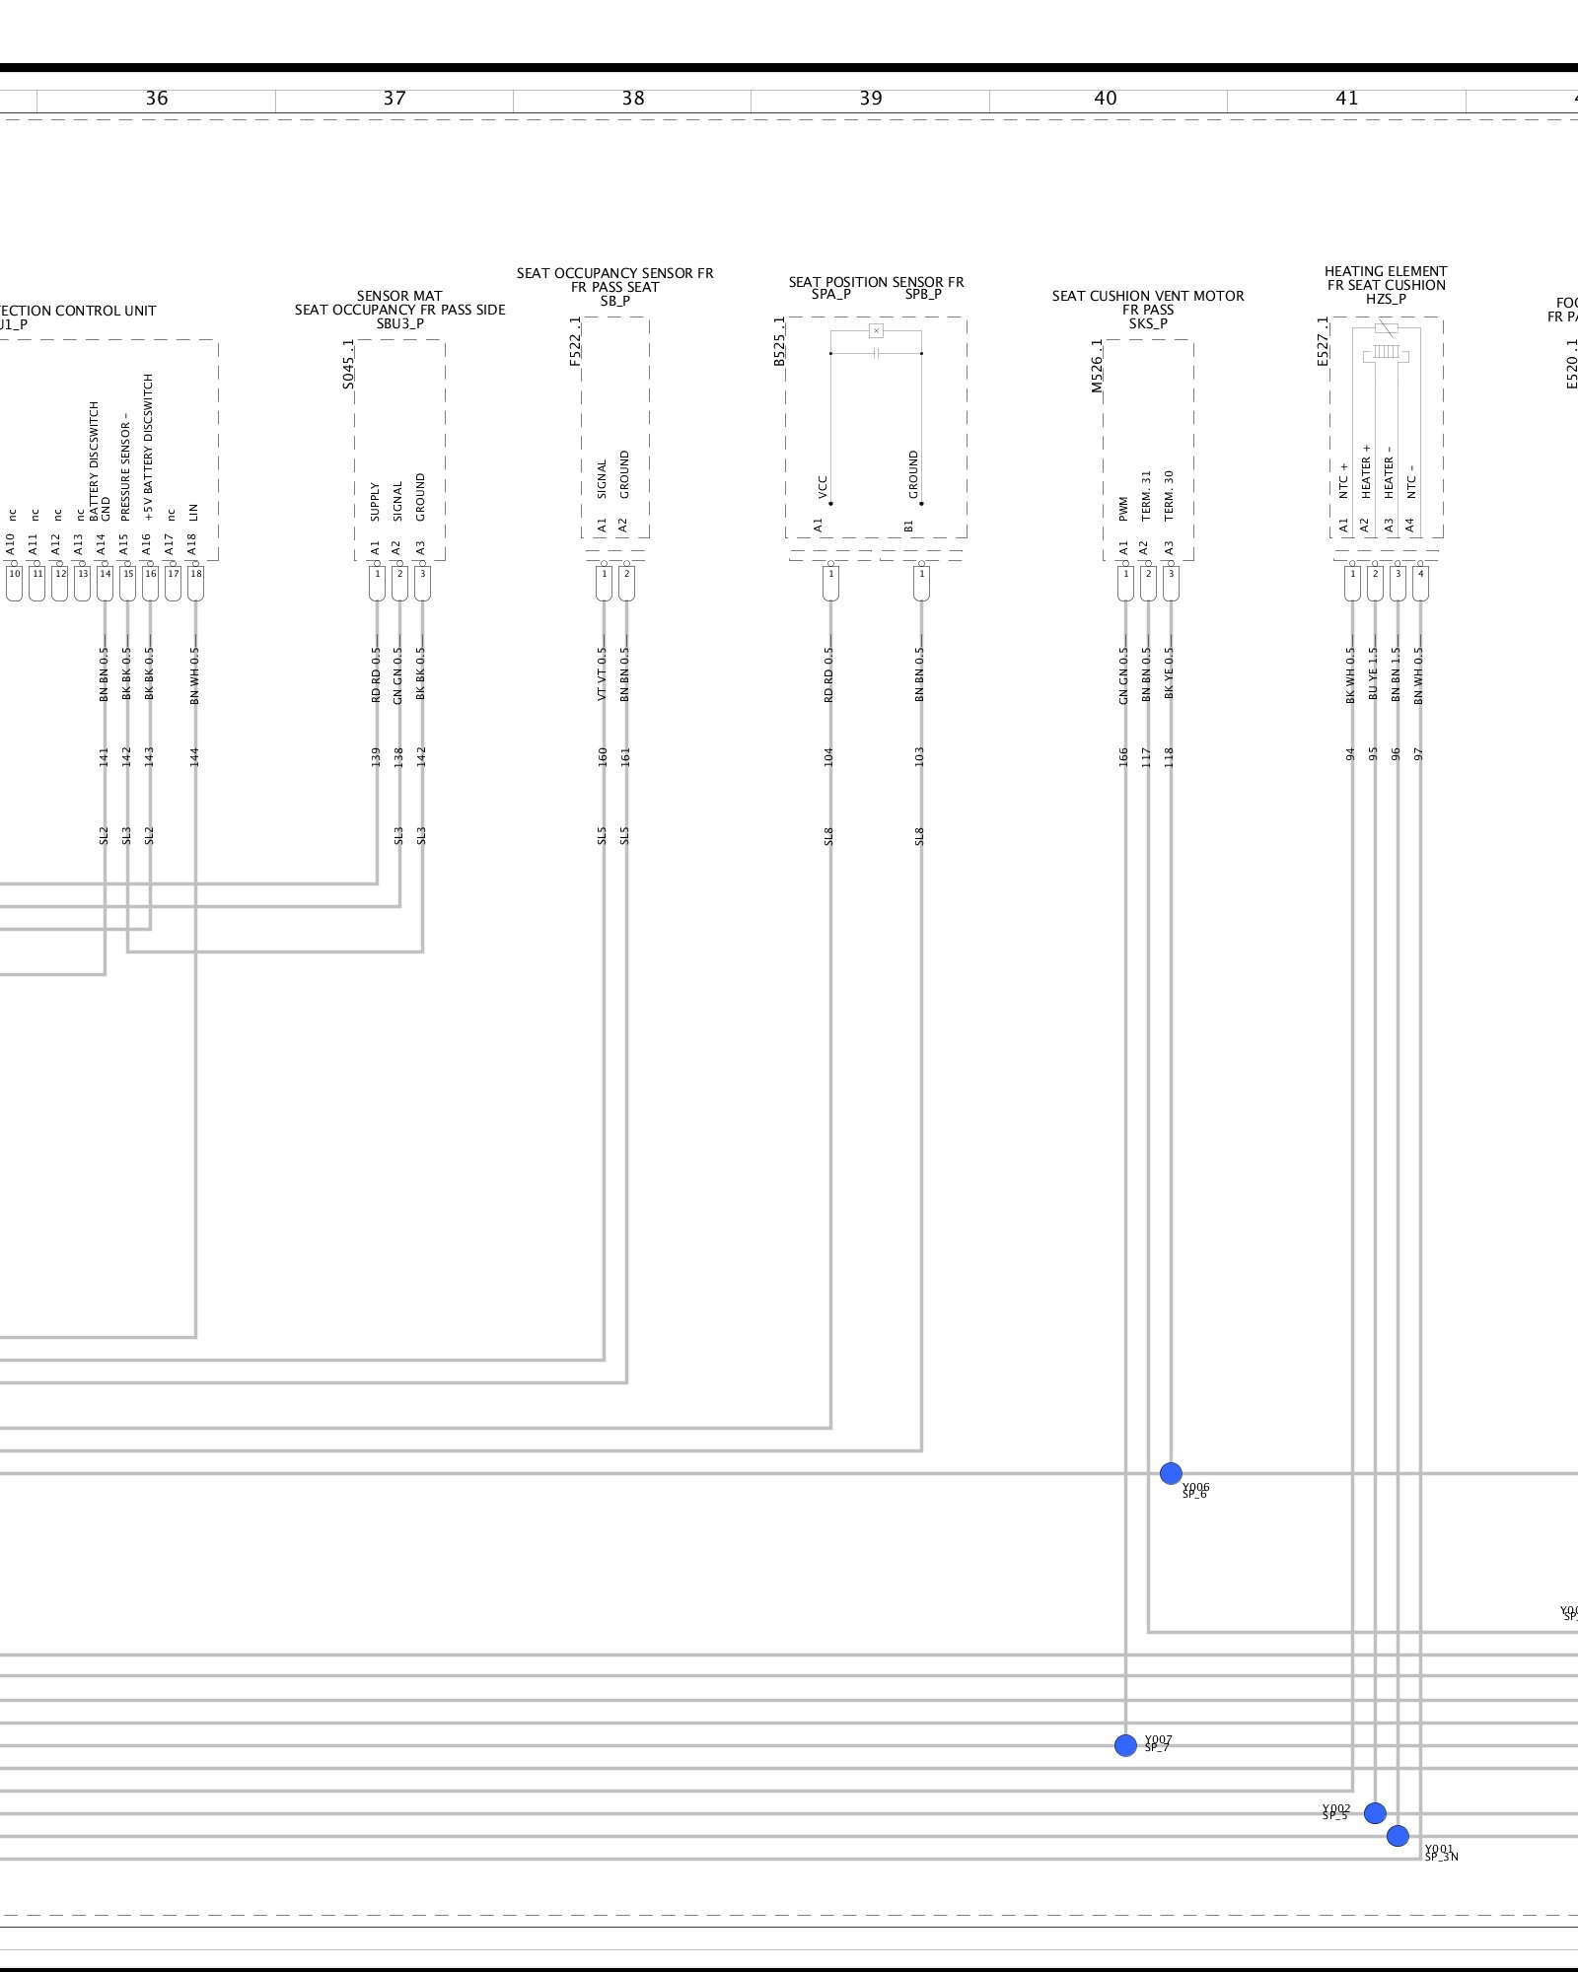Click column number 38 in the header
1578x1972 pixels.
click(633, 99)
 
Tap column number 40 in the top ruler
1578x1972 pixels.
click(1106, 99)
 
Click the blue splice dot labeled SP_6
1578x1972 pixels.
click(1171, 1473)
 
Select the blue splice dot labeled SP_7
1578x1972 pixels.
click(1125, 1745)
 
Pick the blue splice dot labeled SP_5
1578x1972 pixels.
click(1375, 1812)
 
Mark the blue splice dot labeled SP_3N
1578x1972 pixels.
click(1398, 1836)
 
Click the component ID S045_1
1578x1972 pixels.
click(348, 364)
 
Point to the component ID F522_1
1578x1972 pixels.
click(575, 341)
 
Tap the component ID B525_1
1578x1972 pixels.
click(779, 341)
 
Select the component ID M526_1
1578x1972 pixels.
click(1097, 366)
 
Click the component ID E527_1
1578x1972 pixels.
click(1324, 341)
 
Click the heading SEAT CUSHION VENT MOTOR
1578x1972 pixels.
click(1148, 296)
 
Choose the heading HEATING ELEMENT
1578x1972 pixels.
click(1386, 271)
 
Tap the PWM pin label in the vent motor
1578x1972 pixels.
click(1123, 509)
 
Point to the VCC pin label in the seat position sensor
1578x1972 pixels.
click(823, 487)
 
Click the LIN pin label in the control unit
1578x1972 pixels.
click(194, 512)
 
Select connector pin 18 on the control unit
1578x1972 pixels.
click(195, 574)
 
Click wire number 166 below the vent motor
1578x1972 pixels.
click(1123, 757)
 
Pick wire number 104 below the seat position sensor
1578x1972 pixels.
click(828, 756)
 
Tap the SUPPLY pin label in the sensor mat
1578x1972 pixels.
click(375, 502)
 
